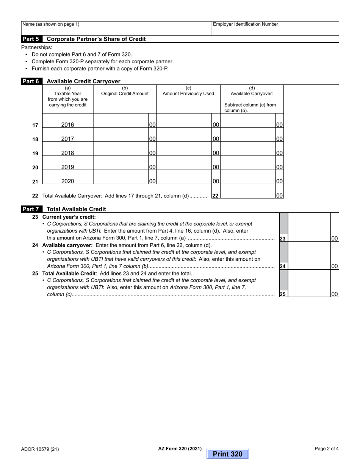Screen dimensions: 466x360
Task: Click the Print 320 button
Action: [227, 454]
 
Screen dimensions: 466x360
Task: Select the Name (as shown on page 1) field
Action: [116, 28]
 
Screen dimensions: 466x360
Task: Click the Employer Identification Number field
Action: [275, 28]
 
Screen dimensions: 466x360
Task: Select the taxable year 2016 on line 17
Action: [67, 125]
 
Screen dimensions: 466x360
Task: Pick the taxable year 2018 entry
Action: [67, 153]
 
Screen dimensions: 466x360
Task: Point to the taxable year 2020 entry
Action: [67, 181]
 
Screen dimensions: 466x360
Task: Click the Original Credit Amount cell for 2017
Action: [121, 135]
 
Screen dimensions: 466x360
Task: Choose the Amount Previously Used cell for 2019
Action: [184, 163]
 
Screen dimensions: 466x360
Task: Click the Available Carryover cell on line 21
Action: [248, 177]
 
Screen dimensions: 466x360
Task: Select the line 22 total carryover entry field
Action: [248, 192]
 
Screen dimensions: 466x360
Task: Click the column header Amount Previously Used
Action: [188, 94]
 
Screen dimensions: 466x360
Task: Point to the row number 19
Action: [35, 153]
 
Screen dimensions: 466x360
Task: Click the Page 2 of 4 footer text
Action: [327, 449]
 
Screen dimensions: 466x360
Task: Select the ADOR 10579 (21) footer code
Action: [40, 450]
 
